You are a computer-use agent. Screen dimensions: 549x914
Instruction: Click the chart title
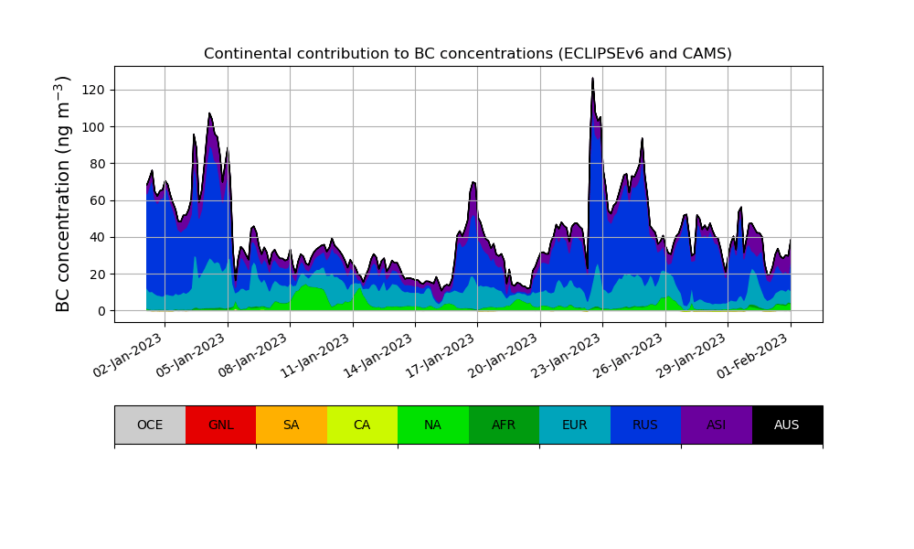click(467, 54)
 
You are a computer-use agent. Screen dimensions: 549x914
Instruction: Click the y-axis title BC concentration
click(63, 194)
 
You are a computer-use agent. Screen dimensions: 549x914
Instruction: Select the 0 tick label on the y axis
click(102, 311)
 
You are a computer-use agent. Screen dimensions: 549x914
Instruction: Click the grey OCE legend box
click(150, 425)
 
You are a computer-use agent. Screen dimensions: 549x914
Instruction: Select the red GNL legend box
click(220, 425)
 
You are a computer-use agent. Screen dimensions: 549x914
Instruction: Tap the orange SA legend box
click(291, 425)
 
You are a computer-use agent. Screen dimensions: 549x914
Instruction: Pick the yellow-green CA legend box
click(362, 425)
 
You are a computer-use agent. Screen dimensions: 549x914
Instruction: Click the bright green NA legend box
click(432, 425)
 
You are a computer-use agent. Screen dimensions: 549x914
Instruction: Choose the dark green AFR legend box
click(504, 425)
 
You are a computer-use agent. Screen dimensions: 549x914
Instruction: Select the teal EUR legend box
click(574, 425)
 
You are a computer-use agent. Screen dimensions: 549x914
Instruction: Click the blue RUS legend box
click(645, 425)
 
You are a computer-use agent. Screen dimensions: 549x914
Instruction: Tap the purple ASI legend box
click(716, 425)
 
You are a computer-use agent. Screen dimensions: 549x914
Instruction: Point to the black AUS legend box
click(787, 425)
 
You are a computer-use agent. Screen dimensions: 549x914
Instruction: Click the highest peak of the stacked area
click(592, 80)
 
